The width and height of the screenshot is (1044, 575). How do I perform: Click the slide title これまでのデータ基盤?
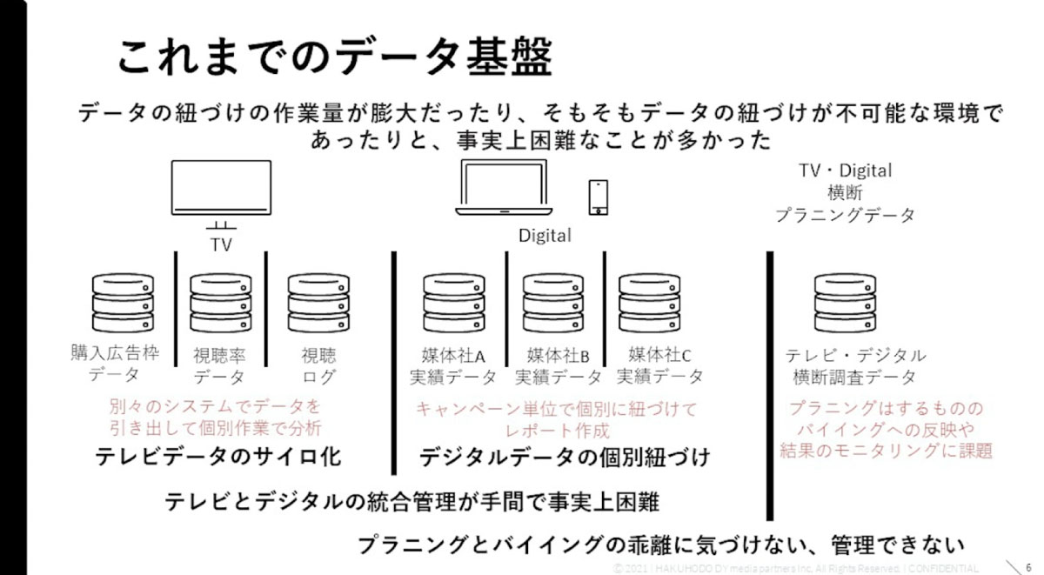[335, 58]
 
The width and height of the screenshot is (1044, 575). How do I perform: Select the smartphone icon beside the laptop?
[599, 197]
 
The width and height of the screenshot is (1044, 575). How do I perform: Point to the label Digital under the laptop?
[545, 236]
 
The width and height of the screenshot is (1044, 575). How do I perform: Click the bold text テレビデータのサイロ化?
[218, 457]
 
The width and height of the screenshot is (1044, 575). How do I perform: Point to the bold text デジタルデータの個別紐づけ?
[565, 457]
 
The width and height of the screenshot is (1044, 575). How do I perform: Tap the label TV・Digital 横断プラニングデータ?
[845, 193]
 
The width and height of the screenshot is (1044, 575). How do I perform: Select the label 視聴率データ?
[219, 366]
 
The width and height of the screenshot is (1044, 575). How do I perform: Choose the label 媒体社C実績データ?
[660, 365]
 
